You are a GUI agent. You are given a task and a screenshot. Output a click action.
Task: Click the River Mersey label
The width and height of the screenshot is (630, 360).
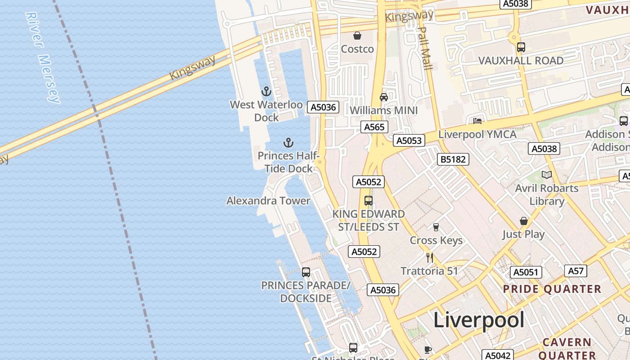[x=43, y=58]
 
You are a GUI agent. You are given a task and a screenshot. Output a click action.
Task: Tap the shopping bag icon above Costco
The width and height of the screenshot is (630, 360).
[x=357, y=36]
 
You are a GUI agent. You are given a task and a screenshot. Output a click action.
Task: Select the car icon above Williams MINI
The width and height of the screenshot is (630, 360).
[x=384, y=97]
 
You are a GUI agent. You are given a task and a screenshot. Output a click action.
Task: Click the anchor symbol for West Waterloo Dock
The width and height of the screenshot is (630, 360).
[x=266, y=92]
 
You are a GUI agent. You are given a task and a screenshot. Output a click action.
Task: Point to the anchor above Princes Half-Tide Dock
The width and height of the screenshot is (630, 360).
[x=288, y=143]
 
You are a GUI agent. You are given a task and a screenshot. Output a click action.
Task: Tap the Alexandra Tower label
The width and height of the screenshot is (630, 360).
[x=268, y=201]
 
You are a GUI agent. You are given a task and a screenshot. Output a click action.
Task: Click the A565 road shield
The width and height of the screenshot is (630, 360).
[x=374, y=127]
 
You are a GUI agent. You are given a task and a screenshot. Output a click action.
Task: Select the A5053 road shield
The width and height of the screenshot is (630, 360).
[x=409, y=140]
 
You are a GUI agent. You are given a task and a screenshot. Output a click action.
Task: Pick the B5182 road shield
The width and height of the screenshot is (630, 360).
[x=453, y=159]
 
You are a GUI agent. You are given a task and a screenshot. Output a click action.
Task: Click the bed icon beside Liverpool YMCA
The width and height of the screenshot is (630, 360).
[x=477, y=121]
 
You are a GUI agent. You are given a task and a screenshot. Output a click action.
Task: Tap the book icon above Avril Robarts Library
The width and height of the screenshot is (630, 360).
[x=547, y=175]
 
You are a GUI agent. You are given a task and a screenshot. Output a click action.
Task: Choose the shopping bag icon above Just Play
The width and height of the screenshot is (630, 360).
[x=524, y=221]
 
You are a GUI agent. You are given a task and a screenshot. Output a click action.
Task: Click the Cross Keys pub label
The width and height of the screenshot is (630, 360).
[x=436, y=240]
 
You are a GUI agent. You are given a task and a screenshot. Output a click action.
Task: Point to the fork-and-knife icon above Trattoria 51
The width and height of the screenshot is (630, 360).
[x=430, y=258]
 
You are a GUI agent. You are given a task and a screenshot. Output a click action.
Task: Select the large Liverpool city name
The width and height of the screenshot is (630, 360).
[x=479, y=320]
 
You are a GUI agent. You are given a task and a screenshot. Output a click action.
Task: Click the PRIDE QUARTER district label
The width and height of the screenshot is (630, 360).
[x=552, y=289]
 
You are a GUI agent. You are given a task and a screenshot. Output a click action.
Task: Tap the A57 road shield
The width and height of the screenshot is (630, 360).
[x=576, y=270]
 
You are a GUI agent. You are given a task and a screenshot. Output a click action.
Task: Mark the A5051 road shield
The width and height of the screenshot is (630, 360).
[x=526, y=272]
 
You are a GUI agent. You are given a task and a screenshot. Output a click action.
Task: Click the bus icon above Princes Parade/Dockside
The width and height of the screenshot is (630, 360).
[x=306, y=272]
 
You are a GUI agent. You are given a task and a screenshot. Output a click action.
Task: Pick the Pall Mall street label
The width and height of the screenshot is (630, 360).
[x=424, y=48]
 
